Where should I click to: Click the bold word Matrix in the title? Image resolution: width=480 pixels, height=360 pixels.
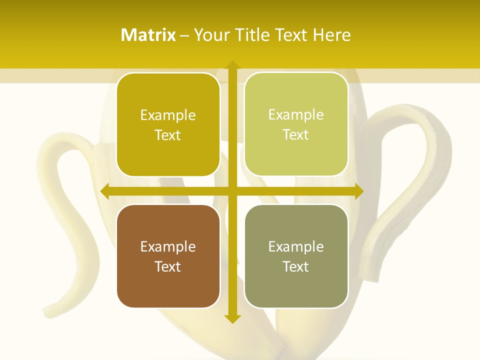point(148,35)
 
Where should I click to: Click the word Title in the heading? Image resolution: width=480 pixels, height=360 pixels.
point(252,35)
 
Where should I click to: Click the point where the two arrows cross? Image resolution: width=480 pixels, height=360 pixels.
point(231,191)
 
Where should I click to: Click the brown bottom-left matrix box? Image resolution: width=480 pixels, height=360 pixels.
point(168,287)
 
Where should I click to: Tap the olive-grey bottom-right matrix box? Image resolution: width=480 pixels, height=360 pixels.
point(296,287)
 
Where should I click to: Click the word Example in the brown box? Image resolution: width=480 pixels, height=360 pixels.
point(168,246)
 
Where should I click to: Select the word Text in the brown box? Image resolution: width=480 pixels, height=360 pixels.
point(168,266)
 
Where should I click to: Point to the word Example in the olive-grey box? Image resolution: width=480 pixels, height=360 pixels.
point(296,246)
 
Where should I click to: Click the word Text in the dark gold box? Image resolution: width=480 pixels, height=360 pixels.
point(168,135)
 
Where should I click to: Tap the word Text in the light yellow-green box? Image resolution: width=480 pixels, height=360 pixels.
point(296,135)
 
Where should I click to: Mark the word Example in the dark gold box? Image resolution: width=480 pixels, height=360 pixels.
point(168,115)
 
